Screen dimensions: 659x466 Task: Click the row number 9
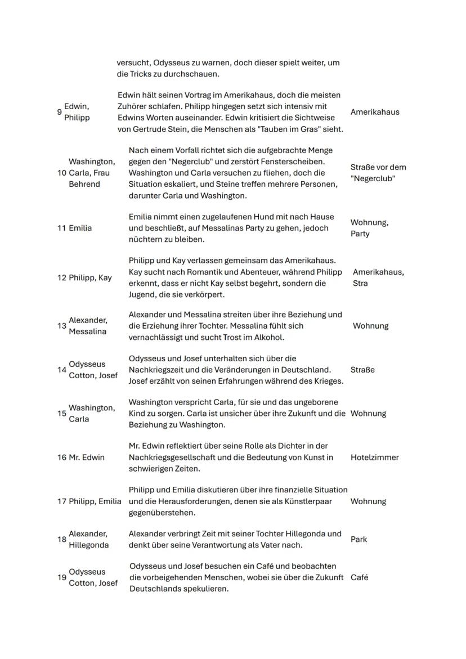59,112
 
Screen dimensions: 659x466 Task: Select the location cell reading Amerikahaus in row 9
374,112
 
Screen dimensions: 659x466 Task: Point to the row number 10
62,173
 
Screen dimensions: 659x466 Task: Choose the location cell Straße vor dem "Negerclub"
378,173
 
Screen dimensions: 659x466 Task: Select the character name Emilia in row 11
80,228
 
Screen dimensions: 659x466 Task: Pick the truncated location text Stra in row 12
360,283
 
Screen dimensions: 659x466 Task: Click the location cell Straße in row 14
362,370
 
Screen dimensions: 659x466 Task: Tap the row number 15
62,414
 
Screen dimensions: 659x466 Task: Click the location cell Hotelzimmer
374,458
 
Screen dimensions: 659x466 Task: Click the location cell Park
359,540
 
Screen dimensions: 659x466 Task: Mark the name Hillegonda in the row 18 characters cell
89,545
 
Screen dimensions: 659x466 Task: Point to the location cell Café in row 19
359,577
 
